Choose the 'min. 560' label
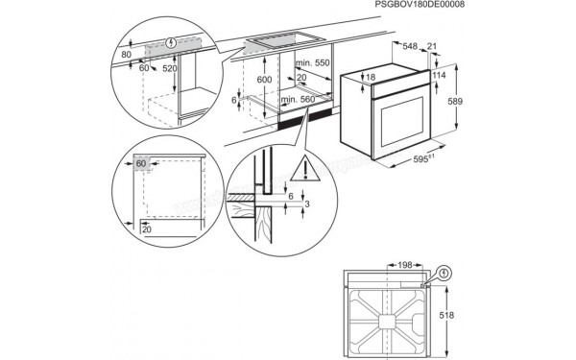pos(301,98)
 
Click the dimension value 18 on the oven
pos(371,77)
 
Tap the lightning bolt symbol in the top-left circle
pos(172,42)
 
